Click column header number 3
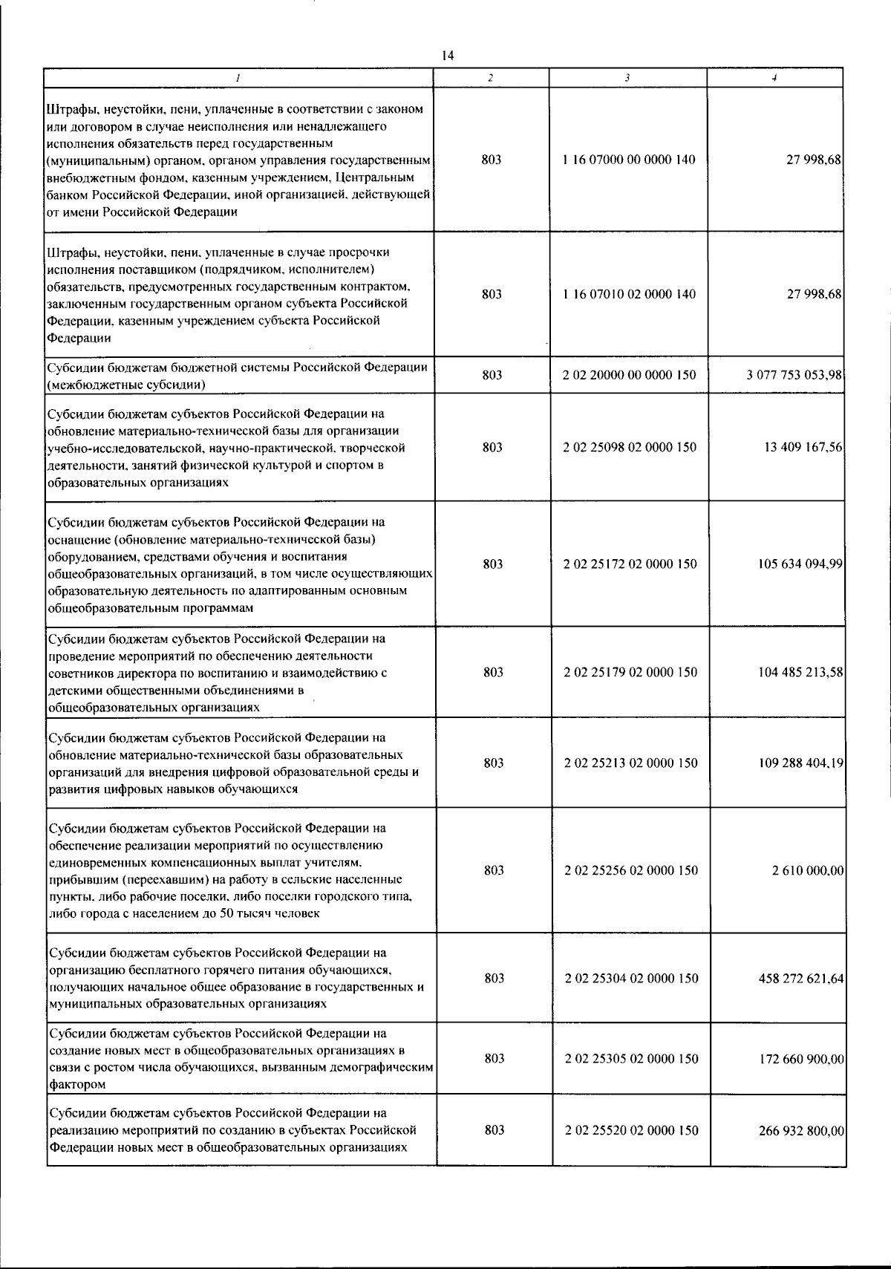(628, 77)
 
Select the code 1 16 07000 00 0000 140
(630, 160)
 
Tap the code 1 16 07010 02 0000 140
(630, 294)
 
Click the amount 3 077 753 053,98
(794, 375)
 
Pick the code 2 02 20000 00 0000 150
(630, 375)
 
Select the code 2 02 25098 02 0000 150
(630, 447)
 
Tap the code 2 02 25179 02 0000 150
(630, 672)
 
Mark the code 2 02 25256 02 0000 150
(631, 870)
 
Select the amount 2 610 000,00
(808, 870)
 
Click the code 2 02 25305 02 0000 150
(631, 1058)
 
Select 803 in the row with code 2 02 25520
(495, 1130)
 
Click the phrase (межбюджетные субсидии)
(126, 384)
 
